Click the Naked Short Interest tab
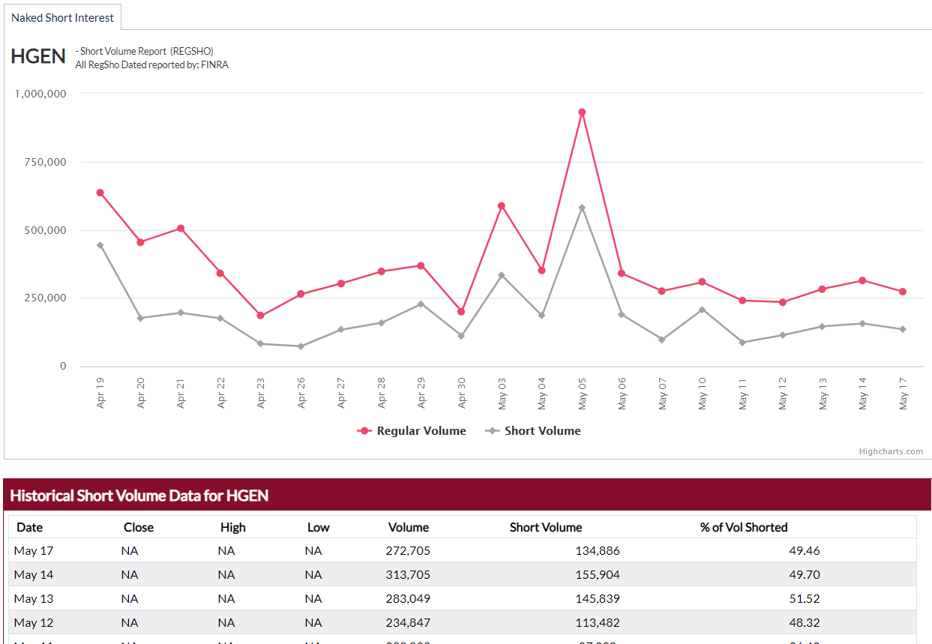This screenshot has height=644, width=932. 62,17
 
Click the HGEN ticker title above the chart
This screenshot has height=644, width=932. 38,57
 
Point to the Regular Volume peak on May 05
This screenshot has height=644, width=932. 582,112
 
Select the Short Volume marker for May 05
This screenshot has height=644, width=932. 582,208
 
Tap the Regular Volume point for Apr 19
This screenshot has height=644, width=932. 100,193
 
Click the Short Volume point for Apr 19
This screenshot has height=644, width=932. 100,245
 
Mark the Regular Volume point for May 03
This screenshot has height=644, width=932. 502,205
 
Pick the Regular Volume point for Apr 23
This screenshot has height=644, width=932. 260,316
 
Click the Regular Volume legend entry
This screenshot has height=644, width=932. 412,431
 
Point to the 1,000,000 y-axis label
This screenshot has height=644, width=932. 41,94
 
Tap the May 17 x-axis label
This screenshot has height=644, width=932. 903,392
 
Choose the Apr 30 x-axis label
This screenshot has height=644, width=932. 461,392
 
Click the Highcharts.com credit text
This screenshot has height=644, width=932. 891,451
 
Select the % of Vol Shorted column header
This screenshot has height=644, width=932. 744,527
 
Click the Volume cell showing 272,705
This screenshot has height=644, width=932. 408,551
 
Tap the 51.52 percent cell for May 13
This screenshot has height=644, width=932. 805,599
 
